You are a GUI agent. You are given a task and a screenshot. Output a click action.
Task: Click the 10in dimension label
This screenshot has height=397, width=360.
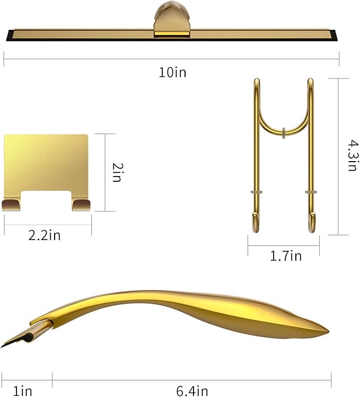coord(172,73)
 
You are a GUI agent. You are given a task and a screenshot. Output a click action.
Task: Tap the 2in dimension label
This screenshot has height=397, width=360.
coord(118,173)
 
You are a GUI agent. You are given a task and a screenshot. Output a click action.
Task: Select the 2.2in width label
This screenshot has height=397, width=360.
coord(45,235)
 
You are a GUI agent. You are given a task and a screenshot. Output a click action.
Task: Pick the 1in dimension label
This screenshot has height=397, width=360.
coord(22,391)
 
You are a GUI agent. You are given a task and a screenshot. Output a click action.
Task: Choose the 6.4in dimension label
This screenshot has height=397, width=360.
coord(191,391)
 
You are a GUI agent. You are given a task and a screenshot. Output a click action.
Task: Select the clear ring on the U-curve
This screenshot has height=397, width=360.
coord(284,131)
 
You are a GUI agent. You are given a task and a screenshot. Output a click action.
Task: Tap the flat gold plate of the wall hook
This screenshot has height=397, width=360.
coord(46,159)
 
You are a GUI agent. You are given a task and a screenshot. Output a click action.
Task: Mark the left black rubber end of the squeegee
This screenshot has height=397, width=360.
coord(9,37)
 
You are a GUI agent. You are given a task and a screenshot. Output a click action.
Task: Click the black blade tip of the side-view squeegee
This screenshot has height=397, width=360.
coord(4,345)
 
